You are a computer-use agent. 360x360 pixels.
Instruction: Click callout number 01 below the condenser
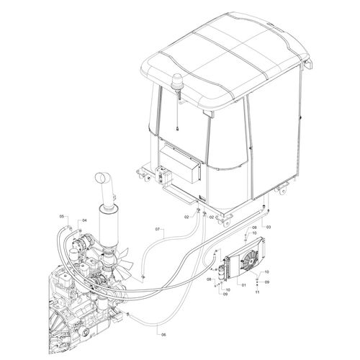click(x=244, y=285)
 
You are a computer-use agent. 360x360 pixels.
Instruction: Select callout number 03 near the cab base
click(x=269, y=227)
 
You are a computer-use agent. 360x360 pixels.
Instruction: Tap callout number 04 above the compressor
click(x=84, y=220)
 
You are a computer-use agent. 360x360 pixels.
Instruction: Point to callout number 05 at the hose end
click(x=62, y=216)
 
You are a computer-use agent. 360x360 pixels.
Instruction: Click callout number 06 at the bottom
click(x=164, y=335)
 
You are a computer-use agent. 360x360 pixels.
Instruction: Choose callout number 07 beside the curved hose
click(x=158, y=229)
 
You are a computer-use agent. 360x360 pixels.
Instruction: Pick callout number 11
click(x=258, y=292)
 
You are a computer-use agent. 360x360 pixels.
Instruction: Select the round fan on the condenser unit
click(x=249, y=261)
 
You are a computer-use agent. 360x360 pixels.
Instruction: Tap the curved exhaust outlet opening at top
click(x=102, y=177)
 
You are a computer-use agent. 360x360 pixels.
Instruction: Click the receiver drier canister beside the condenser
click(x=221, y=273)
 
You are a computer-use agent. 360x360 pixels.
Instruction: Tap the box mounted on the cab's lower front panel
click(x=180, y=163)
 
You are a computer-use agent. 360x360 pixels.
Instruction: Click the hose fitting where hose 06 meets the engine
click(x=128, y=315)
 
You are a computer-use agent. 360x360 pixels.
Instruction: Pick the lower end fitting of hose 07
click(x=143, y=277)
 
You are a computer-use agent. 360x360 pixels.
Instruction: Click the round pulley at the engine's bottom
click(x=85, y=332)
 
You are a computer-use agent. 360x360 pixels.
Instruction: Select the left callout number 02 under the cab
click(x=186, y=217)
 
